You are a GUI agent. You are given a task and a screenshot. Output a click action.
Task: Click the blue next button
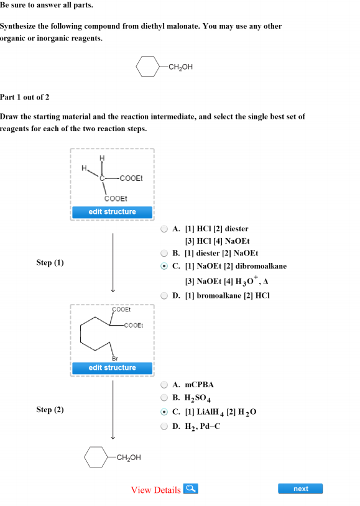click(300, 489)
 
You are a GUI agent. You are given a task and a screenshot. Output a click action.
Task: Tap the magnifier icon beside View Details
click(190, 489)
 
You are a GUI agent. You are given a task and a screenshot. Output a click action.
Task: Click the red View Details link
click(155, 490)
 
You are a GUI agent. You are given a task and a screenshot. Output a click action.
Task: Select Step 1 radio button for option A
click(164, 229)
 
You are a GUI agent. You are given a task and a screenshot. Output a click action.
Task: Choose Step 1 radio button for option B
click(164, 253)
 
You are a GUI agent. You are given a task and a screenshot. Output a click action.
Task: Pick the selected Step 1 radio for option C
click(164, 266)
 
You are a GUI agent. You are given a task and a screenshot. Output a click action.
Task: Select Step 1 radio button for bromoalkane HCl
click(164, 296)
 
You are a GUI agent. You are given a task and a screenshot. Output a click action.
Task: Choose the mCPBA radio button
click(164, 385)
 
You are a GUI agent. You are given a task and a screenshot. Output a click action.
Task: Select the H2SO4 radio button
click(164, 398)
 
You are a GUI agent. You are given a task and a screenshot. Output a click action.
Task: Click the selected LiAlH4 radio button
click(164, 412)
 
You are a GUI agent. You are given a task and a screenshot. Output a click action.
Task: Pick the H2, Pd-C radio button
click(164, 426)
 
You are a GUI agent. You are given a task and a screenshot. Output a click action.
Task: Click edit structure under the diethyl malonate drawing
click(112, 212)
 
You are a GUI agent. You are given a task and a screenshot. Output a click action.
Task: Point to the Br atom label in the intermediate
click(115, 359)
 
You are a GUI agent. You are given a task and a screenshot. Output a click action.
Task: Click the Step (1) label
click(50, 263)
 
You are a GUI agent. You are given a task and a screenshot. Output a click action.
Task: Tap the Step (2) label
click(50, 410)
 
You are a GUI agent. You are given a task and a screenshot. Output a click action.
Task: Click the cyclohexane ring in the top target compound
click(136, 67)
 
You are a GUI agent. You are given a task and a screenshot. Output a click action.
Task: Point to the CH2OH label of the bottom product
click(129, 458)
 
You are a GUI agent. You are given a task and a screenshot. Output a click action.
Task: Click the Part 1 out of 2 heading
click(24, 97)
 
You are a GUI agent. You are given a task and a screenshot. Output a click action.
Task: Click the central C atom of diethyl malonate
click(102, 178)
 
